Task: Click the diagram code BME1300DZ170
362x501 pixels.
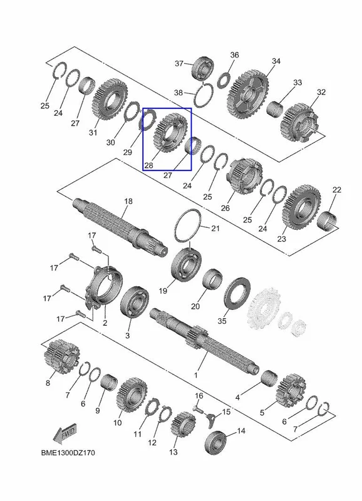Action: click(x=68, y=452)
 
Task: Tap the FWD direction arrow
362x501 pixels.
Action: click(x=65, y=433)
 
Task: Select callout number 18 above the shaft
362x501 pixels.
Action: click(x=128, y=201)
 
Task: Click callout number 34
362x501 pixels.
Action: click(x=276, y=61)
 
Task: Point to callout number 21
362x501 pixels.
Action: click(x=215, y=228)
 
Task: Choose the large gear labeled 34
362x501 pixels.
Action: click(x=248, y=95)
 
